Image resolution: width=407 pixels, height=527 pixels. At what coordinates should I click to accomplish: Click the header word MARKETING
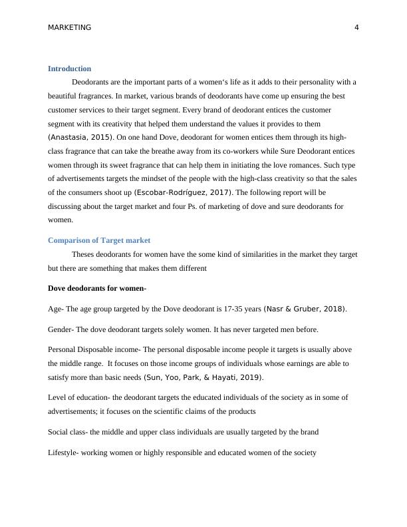coord(70,27)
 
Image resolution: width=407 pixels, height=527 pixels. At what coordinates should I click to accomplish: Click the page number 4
coord(356,27)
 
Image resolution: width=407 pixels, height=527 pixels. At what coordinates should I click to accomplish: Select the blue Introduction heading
coord(69,69)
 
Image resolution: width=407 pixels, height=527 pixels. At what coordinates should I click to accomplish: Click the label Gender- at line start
coord(61,329)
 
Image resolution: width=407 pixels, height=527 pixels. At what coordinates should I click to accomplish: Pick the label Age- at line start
coord(56,309)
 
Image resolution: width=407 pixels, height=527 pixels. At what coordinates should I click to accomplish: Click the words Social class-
coord(70,432)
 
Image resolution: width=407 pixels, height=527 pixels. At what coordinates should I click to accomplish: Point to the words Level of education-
coord(79,397)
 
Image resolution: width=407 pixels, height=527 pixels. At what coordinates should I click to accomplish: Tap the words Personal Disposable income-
coord(94,349)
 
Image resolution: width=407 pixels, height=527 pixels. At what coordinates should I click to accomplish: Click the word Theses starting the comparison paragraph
coord(84,254)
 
